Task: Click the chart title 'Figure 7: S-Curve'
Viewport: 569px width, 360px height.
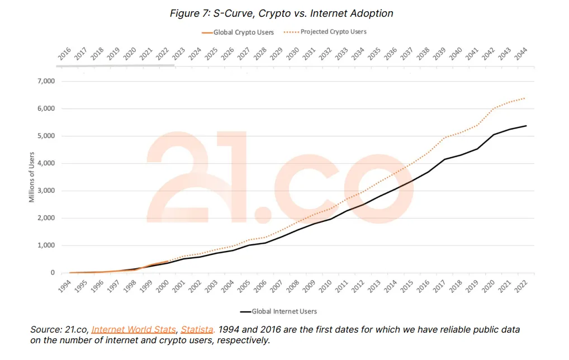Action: tap(281, 13)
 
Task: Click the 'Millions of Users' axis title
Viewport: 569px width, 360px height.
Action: tap(32, 177)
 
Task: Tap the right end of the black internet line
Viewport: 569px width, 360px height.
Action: tap(527, 126)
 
